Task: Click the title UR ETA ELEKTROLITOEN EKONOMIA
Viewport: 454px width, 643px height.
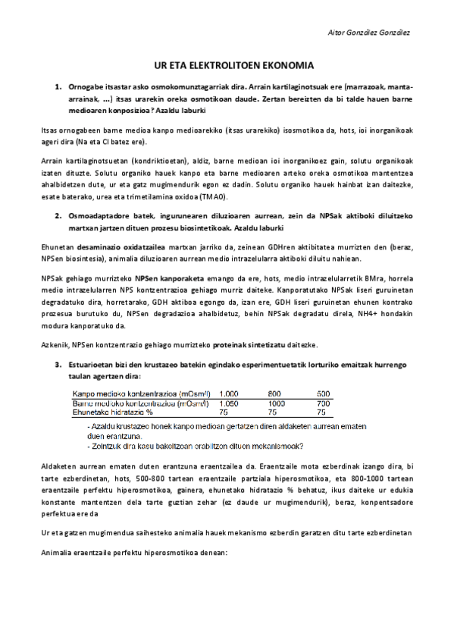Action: click(227, 66)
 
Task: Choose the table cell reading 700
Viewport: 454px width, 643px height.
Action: click(323, 403)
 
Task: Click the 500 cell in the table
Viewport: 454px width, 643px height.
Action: click(323, 394)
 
